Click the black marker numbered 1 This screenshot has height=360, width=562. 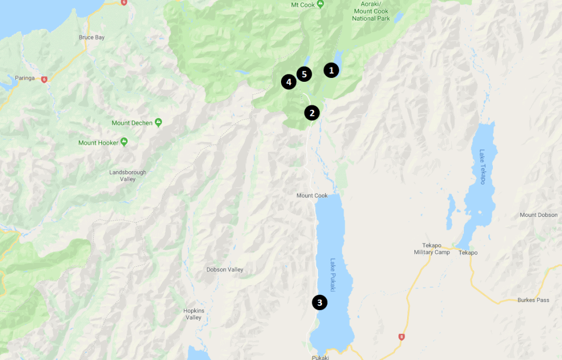coord(331,70)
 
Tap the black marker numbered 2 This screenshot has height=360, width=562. coord(312,113)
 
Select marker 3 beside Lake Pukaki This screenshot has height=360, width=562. coord(319,302)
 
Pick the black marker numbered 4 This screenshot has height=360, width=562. coord(289,82)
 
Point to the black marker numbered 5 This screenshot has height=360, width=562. coord(304,74)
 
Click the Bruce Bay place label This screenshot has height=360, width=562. coord(92,37)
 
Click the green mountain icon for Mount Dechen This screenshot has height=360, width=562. coord(158,122)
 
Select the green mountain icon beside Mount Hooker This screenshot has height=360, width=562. coord(124,143)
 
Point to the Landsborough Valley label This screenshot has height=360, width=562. coord(128,176)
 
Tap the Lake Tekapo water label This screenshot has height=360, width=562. coord(482,167)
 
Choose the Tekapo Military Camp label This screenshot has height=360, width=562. coord(431,249)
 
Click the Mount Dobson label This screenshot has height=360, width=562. coord(538,215)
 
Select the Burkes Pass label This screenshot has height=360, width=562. coord(533,300)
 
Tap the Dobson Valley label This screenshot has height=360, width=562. coord(224,269)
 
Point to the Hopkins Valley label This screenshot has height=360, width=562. coord(193,314)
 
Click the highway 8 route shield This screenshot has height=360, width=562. coord(401,337)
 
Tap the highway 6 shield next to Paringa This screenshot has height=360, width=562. coord(44,79)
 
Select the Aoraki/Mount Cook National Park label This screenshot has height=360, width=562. coord(372,12)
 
